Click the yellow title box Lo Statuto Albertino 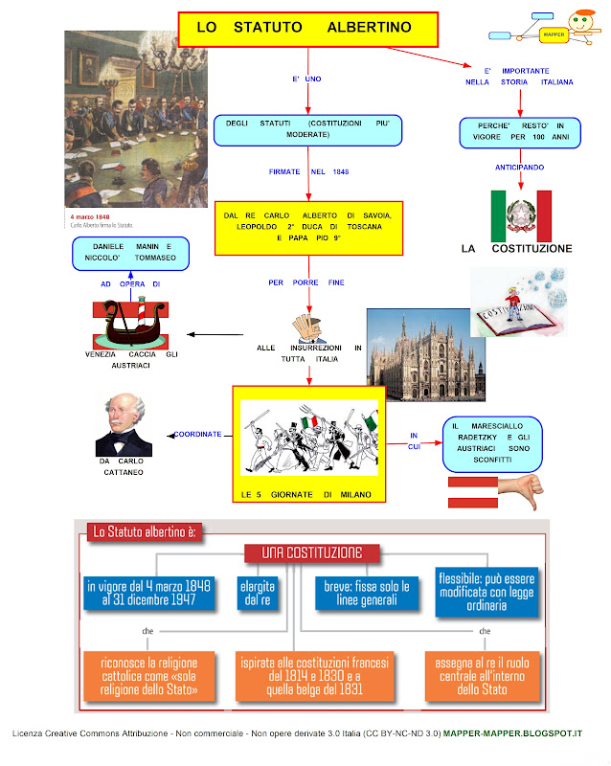click(x=306, y=28)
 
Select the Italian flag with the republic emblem click(x=521, y=215)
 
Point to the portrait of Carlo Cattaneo click(x=124, y=425)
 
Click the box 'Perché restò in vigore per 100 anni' click(x=519, y=131)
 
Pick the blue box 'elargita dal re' click(x=253, y=593)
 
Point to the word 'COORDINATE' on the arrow click(x=198, y=434)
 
